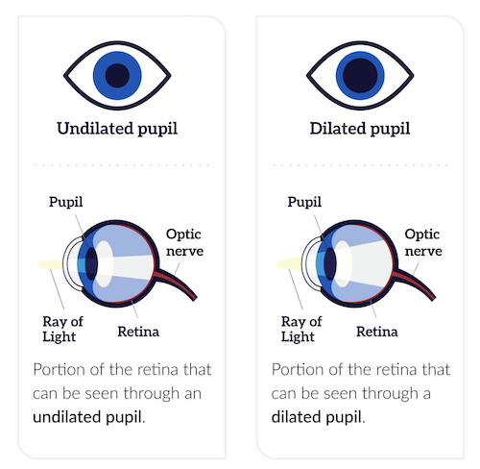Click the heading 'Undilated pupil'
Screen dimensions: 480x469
coord(117,129)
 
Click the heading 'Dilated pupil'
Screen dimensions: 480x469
coord(360,129)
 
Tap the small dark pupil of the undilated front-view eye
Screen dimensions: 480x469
coord(117,76)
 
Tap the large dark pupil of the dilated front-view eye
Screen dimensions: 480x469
coord(360,76)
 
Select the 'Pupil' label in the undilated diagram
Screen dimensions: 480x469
coord(66,203)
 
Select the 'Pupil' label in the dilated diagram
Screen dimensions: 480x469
coord(304,203)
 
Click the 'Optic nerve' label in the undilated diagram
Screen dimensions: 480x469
coord(184,242)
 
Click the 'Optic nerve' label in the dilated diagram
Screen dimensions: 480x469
coord(423,242)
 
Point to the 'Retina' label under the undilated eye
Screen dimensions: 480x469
coord(138,332)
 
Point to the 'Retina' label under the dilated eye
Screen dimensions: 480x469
coord(377,332)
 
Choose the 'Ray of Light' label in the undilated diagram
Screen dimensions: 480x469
coord(62,329)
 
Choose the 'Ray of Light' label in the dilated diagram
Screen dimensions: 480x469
coord(301,329)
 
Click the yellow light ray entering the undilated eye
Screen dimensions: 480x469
coord(51,264)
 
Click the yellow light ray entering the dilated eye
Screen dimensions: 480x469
coord(289,264)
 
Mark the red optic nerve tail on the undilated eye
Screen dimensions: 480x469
coord(178,283)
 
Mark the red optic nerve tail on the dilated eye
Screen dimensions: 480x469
coord(416,283)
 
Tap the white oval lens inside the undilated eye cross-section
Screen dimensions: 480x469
coord(104,263)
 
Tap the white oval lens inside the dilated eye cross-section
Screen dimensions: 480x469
coord(343,263)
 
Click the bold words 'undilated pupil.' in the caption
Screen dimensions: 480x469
coord(89,417)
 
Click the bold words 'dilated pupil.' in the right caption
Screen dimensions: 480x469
coord(319,417)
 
